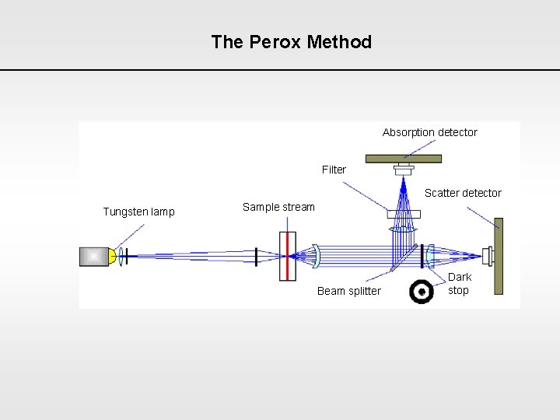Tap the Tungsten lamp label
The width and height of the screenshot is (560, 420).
[x=138, y=212]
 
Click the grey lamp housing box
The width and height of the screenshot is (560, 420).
[x=94, y=256]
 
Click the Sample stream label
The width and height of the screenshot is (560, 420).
[x=278, y=207]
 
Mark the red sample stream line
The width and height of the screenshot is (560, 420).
[x=287, y=256]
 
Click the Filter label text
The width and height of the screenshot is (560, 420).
[x=334, y=170]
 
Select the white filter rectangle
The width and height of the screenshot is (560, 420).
[x=404, y=214]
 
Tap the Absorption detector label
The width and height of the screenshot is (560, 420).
[x=429, y=132]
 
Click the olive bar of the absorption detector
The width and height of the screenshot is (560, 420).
[x=404, y=159]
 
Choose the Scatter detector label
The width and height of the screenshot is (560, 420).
[x=463, y=193]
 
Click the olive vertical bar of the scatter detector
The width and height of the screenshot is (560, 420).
[x=499, y=256]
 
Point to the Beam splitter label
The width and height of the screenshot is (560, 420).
[x=348, y=291]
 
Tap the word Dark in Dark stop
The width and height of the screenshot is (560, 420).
[x=460, y=277]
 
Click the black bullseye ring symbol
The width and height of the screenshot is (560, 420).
[x=422, y=291]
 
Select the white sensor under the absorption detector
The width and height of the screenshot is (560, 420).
[x=404, y=169]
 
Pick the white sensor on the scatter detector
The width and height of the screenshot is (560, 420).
[x=488, y=256]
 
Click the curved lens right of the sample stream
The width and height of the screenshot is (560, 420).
[x=317, y=256]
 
